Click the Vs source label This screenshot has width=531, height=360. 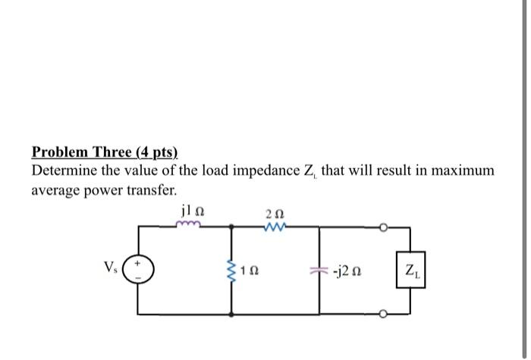coord(112,266)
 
